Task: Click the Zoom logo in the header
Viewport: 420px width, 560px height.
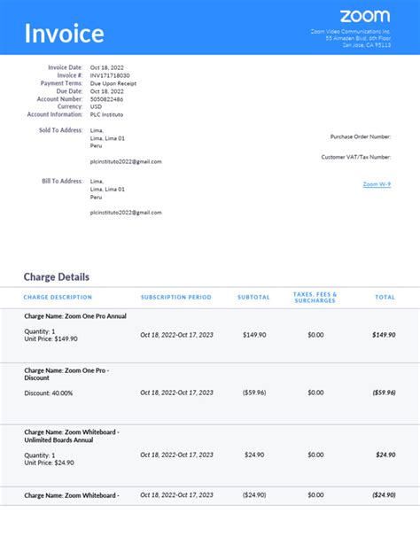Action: [364, 16]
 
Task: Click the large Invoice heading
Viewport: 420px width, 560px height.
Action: [64, 35]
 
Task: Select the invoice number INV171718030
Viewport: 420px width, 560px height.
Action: [109, 75]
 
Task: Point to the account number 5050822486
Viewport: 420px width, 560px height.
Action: [107, 99]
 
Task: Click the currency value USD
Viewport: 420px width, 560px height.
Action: [96, 106]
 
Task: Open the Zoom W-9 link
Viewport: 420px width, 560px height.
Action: [377, 184]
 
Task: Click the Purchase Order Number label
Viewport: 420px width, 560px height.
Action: [361, 136]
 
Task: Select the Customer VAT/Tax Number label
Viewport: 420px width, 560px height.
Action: [356, 157]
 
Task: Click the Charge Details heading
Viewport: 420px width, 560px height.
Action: [57, 276]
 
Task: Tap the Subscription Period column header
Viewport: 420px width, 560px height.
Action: [175, 298]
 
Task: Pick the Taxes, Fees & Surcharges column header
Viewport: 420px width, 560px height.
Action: [315, 298]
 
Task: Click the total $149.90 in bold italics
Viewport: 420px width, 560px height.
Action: [384, 335]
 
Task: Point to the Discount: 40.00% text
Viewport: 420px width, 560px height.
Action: [49, 393]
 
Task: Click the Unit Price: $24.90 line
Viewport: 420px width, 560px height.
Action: [49, 463]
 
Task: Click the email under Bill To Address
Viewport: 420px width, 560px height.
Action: [125, 213]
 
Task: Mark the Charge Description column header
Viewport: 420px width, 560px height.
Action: [58, 298]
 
